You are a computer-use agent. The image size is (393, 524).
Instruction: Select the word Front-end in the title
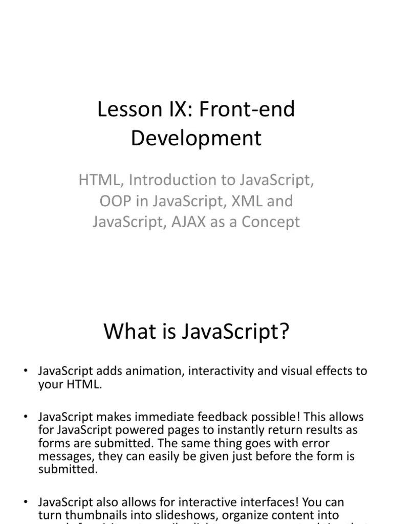(x=246, y=110)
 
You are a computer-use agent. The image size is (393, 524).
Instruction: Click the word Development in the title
(x=196, y=138)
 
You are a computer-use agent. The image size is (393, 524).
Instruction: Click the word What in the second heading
(x=128, y=331)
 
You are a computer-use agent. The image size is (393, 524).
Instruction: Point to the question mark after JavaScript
(x=284, y=331)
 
